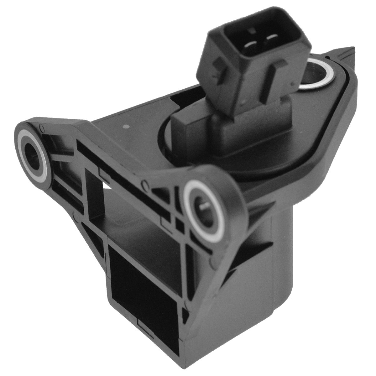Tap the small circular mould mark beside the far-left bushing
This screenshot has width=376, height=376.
pos(41,127)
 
